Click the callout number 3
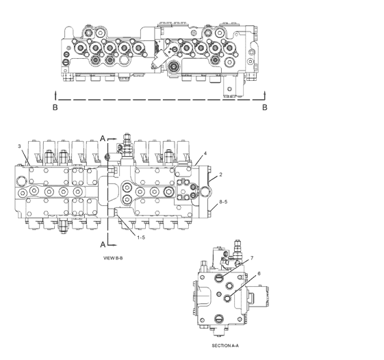coord(19,146)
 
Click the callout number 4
coord(205,153)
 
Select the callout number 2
coord(220,175)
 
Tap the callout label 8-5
coord(223,201)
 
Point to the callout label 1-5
coord(141,237)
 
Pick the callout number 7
coord(251,258)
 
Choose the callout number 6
coord(259,274)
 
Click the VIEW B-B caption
coord(113,258)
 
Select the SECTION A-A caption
coord(225,346)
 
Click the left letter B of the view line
coord(55,107)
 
